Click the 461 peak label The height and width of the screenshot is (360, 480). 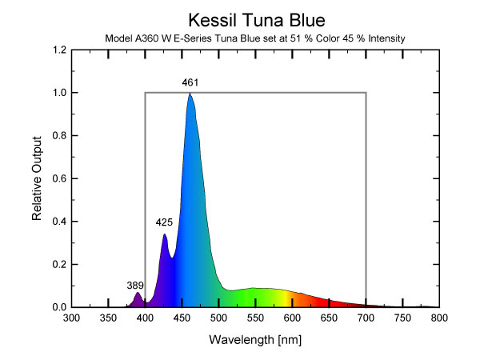point(190,82)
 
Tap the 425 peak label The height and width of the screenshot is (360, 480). point(165,222)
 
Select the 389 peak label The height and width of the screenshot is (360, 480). point(136,285)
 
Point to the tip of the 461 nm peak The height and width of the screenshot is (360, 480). point(190,94)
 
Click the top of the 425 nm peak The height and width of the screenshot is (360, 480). point(164,234)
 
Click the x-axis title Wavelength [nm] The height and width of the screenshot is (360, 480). point(254,339)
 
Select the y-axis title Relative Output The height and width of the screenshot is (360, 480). point(38,178)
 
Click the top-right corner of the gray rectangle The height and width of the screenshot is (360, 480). point(366,93)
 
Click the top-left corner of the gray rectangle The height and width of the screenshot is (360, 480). point(145,93)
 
